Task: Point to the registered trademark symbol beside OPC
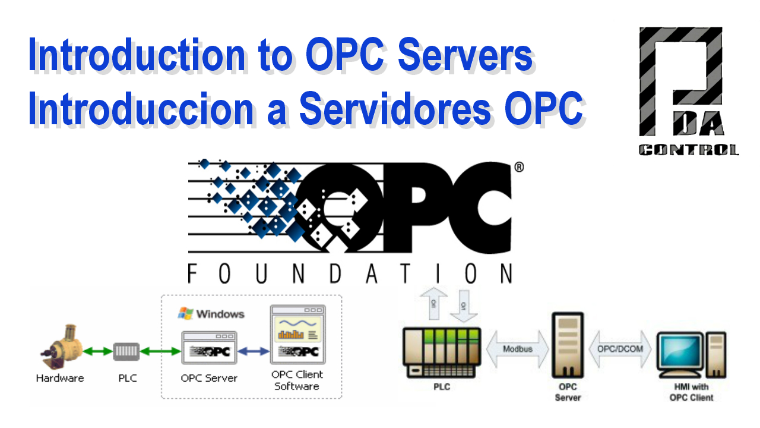click(518, 168)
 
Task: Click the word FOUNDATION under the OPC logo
click(350, 273)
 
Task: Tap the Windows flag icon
click(186, 313)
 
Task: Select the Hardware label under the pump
click(60, 378)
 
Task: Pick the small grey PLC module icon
click(127, 351)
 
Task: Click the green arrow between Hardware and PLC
click(99, 351)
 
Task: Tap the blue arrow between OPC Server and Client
click(254, 351)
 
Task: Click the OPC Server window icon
click(209, 348)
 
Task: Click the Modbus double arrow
click(518, 349)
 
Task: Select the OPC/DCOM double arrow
click(619, 349)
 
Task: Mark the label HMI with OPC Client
click(691, 392)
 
